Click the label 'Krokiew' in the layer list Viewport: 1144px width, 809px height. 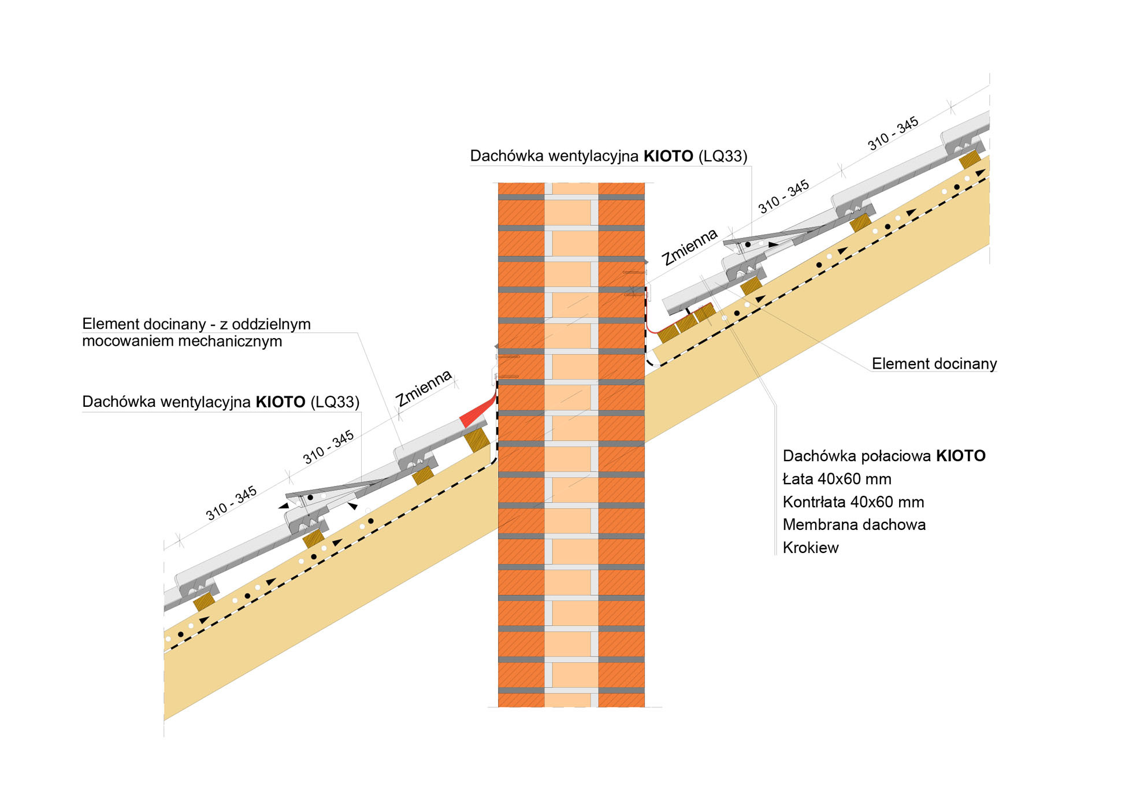(x=810, y=548)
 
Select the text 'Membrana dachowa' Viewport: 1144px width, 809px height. (x=854, y=525)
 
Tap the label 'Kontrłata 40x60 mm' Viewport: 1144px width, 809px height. (x=853, y=502)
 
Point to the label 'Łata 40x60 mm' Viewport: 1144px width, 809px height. (x=837, y=479)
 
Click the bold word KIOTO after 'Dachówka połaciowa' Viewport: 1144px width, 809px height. (x=960, y=456)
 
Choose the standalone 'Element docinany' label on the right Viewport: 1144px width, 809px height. (x=934, y=363)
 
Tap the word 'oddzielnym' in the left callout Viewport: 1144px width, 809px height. (x=271, y=324)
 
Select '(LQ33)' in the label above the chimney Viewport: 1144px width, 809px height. (x=722, y=156)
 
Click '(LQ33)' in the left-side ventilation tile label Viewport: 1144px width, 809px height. (x=335, y=402)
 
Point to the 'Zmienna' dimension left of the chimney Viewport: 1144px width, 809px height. (x=423, y=388)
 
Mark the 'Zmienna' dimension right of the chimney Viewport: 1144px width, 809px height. (x=689, y=246)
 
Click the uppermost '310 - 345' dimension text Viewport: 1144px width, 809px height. (x=893, y=133)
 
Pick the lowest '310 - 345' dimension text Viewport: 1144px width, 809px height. (x=231, y=503)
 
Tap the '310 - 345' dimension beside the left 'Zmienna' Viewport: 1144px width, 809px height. (x=328, y=447)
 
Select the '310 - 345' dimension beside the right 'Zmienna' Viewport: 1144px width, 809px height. (x=783, y=196)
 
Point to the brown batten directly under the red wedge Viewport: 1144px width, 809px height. (x=477, y=440)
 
